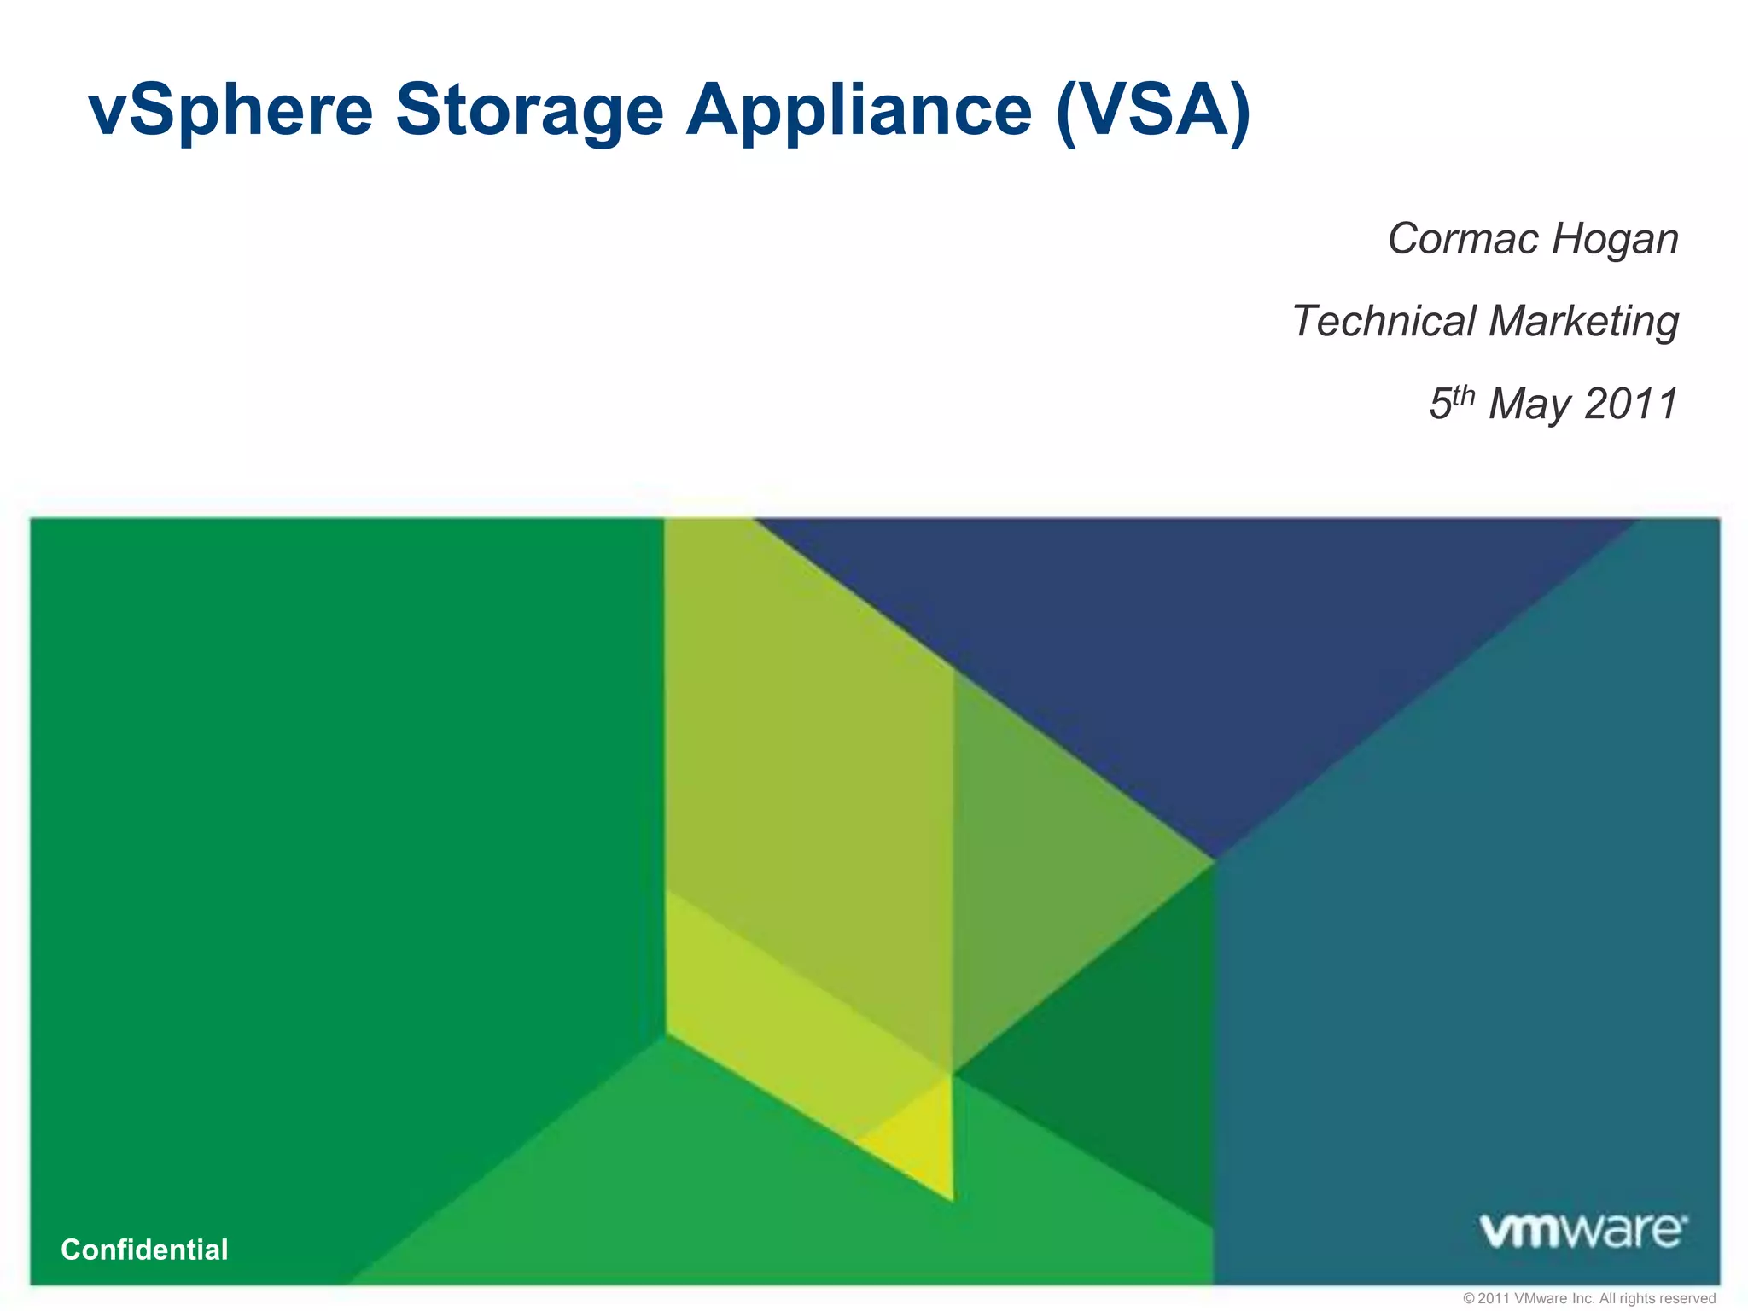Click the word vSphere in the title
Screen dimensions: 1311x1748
click(x=230, y=111)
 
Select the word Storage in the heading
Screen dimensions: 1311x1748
click(x=529, y=111)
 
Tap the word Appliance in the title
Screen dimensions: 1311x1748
click(x=859, y=111)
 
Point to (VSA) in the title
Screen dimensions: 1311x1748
click(x=1152, y=111)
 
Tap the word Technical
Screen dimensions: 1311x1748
click(x=1384, y=321)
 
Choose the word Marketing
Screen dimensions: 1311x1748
click(x=1583, y=323)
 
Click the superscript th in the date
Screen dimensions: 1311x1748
click(x=1464, y=394)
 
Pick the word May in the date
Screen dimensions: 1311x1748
click(x=1531, y=405)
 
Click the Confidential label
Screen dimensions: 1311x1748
click(x=144, y=1250)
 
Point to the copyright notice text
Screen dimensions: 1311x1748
click(x=1588, y=1298)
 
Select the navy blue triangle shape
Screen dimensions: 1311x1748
click(x=1195, y=649)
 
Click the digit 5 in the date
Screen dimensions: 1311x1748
click(x=1441, y=405)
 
